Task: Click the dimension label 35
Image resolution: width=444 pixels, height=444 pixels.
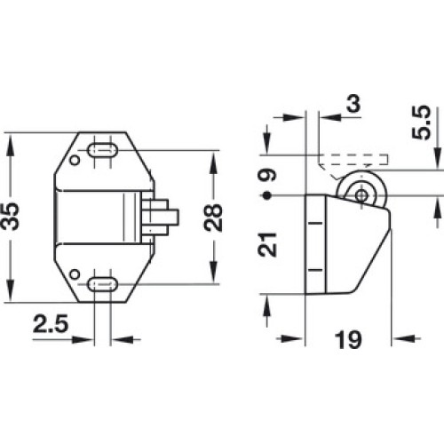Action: click(x=10, y=217)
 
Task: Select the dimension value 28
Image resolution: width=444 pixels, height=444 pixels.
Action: click(x=213, y=218)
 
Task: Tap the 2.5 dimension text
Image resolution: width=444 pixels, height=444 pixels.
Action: click(x=51, y=323)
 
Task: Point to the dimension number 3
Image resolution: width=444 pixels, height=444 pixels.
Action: click(x=354, y=104)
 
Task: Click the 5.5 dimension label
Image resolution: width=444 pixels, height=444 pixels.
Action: click(x=421, y=122)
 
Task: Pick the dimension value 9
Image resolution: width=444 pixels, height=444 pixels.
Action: click(x=267, y=175)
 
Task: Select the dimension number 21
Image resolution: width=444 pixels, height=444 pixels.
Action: click(x=267, y=244)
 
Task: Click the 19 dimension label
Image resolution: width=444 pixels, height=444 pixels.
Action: click(x=348, y=340)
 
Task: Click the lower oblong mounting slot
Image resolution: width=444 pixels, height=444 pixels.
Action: click(x=103, y=284)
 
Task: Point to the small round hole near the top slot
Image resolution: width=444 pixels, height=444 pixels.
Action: click(x=75, y=161)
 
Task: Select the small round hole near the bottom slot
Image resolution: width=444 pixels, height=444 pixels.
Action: click(x=75, y=274)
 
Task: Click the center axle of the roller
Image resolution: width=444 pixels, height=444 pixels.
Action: click(x=361, y=195)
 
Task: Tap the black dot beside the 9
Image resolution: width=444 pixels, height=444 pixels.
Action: click(x=267, y=195)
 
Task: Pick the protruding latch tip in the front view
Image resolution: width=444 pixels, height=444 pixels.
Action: click(x=173, y=217)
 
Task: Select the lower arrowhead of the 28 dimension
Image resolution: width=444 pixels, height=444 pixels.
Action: click(x=213, y=273)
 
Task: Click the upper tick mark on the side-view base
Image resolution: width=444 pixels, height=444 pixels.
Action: click(x=315, y=223)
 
